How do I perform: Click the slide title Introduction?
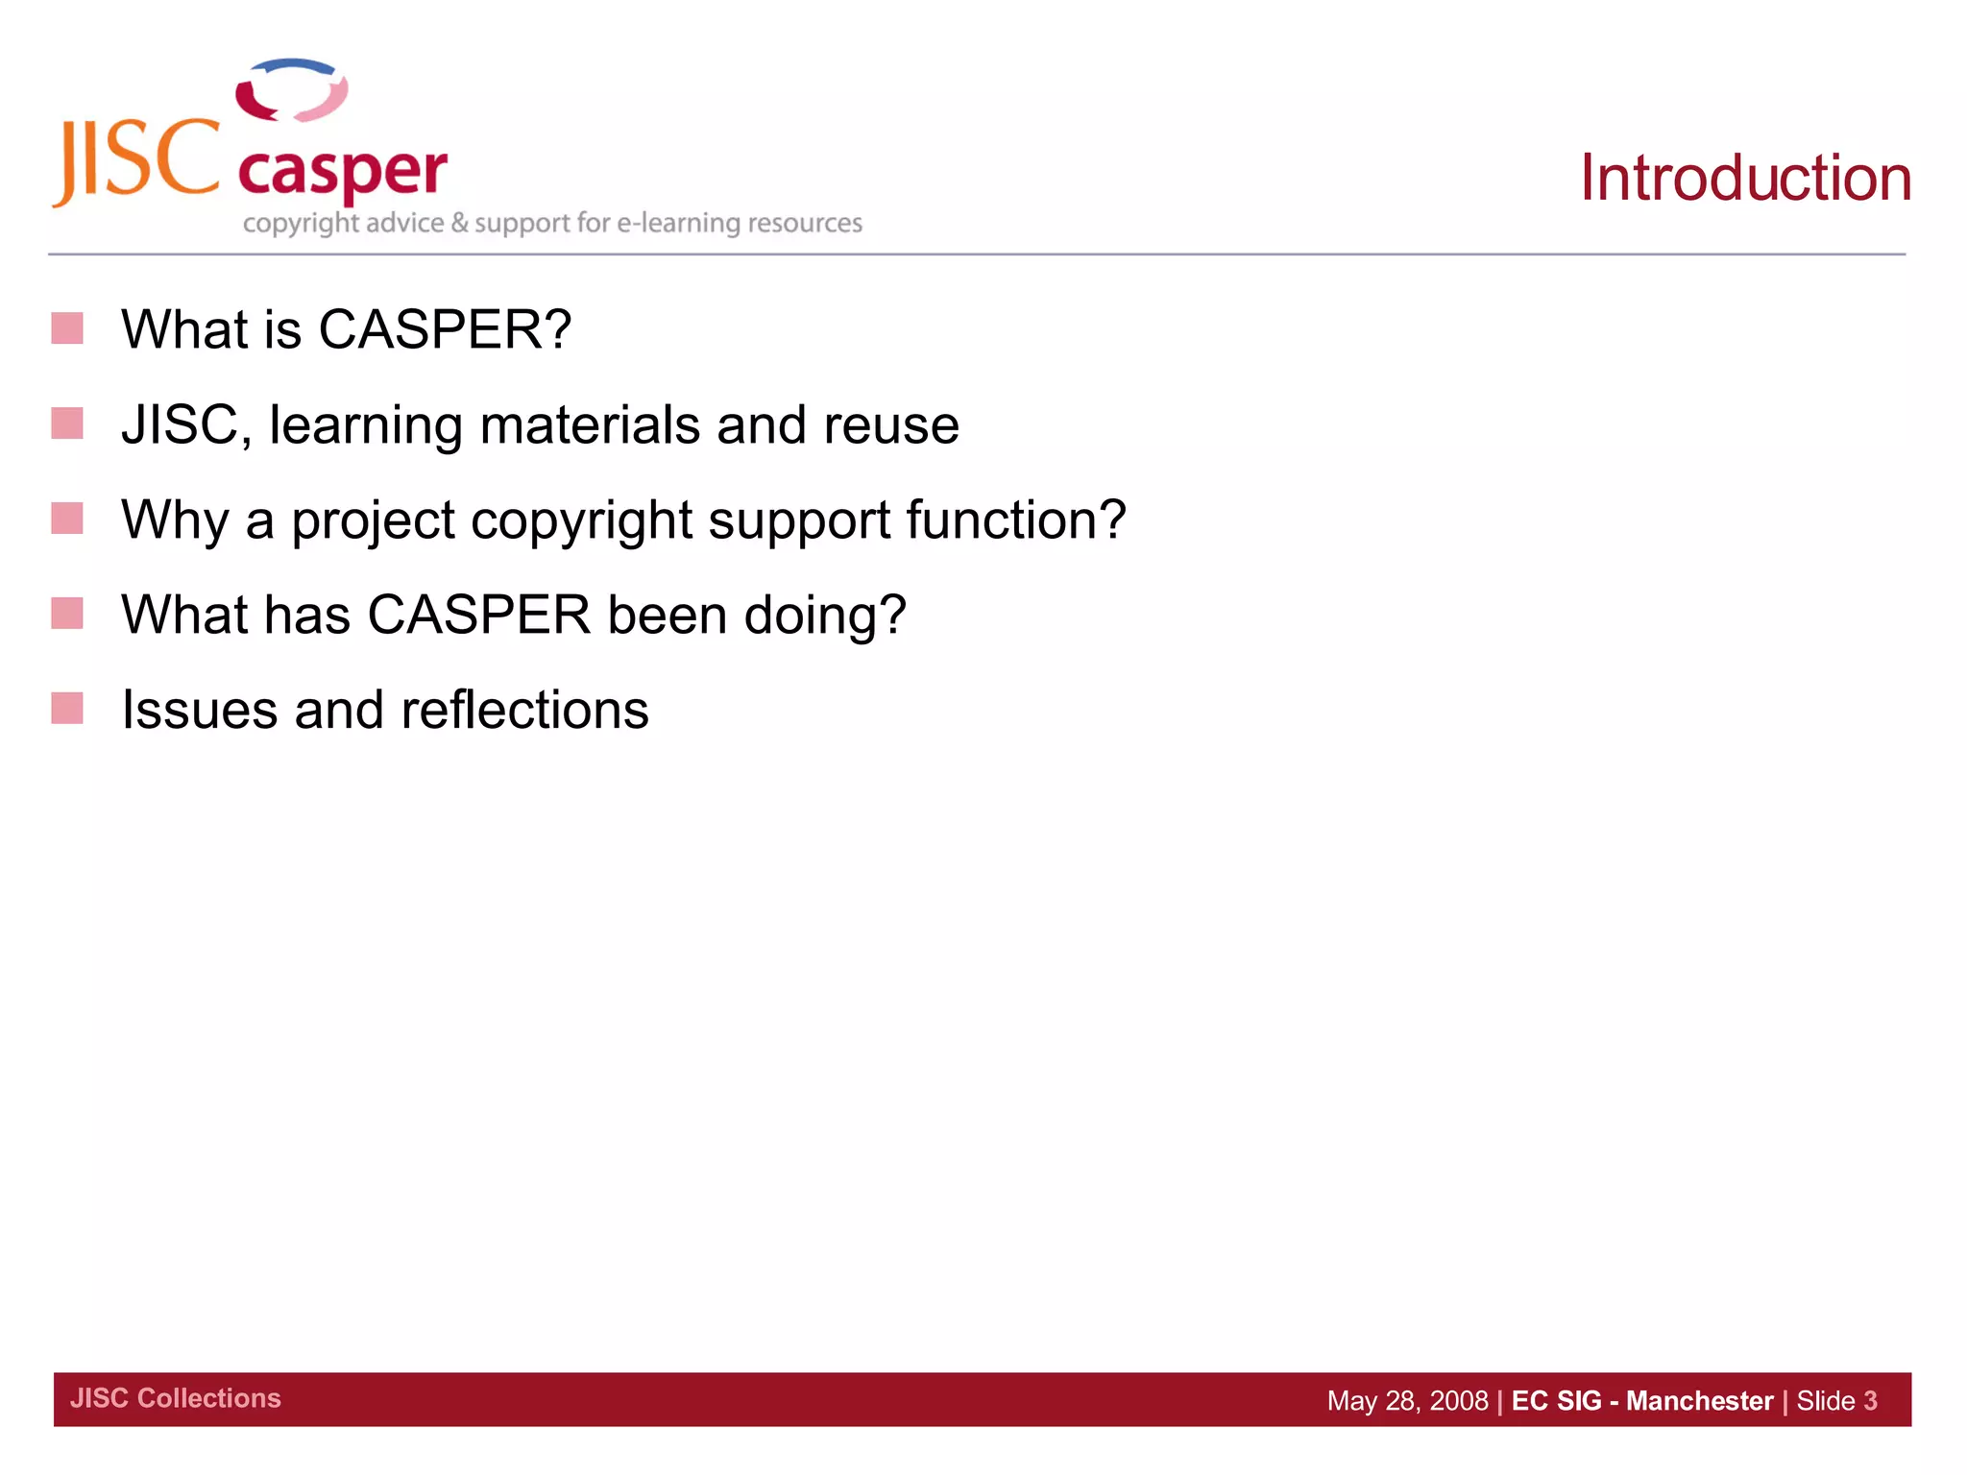click(1745, 179)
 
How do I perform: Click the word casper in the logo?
click(342, 173)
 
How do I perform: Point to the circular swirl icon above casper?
click(292, 91)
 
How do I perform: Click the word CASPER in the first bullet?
click(444, 329)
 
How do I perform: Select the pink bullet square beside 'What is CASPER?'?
click(67, 328)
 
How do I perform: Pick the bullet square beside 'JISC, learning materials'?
click(67, 423)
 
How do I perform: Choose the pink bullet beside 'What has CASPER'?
click(67, 614)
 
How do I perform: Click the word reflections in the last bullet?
click(524, 710)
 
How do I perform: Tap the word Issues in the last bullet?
click(200, 710)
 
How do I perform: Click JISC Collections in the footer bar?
click(176, 1398)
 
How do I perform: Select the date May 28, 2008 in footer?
click(1407, 1401)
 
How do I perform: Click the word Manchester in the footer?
click(1699, 1401)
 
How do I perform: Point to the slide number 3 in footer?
click(1870, 1401)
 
